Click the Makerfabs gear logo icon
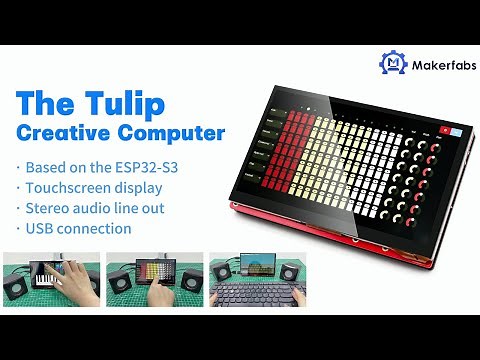tap(393, 63)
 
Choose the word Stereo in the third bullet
tap(49, 208)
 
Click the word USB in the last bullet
tap(41, 229)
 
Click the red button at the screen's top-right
tap(442, 129)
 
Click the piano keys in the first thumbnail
tap(46, 275)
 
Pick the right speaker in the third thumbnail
tap(289, 274)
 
